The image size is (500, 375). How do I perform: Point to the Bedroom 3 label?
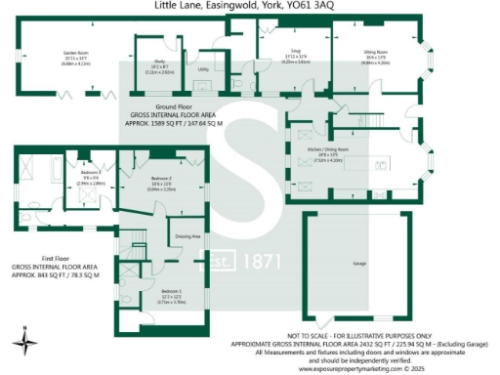click(91, 172)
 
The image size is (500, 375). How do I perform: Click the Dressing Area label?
click(187, 236)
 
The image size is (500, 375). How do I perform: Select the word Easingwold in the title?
click(220, 6)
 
